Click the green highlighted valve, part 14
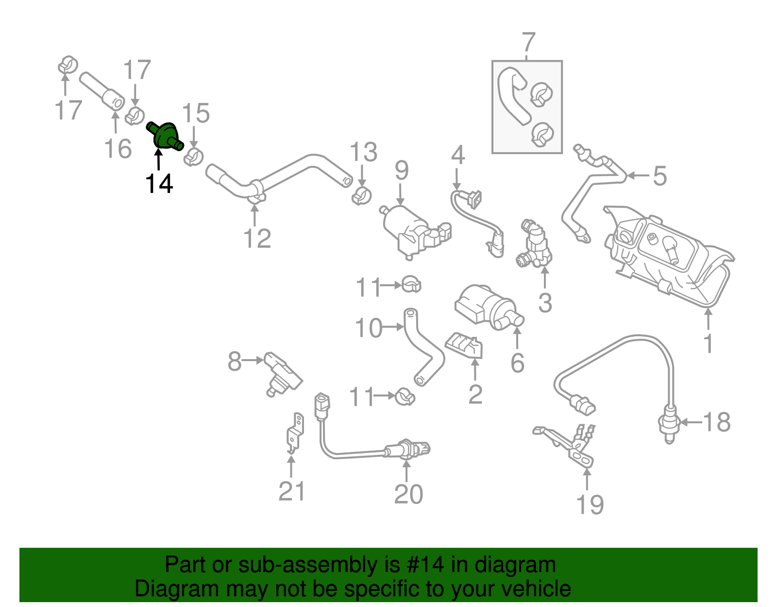165,136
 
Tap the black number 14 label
159,184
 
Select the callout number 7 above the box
528,42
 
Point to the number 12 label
257,239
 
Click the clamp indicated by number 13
360,196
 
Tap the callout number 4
457,156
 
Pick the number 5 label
659,176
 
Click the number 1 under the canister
709,343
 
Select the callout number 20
408,494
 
